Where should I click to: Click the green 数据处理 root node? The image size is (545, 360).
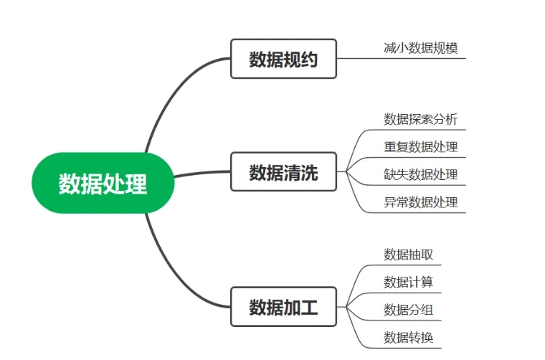pyautogui.click(x=103, y=183)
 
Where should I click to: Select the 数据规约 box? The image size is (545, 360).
pyautogui.click(x=283, y=59)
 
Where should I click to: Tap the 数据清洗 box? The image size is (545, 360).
pyautogui.click(x=283, y=172)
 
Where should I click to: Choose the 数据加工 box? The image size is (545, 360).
pyautogui.click(x=283, y=307)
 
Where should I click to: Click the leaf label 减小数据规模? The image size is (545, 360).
pyautogui.click(x=420, y=48)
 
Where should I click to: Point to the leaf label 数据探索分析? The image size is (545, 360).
pyautogui.click(x=420, y=119)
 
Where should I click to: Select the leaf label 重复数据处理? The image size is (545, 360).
pyautogui.click(x=420, y=147)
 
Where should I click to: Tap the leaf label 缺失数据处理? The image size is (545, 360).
pyautogui.click(x=420, y=174)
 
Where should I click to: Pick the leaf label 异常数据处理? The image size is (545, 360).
pyautogui.click(x=420, y=202)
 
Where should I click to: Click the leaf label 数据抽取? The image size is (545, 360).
pyautogui.click(x=408, y=255)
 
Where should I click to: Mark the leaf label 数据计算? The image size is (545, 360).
pyautogui.click(x=408, y=282)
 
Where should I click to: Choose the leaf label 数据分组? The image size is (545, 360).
pyautogui.click(x=408, y=310)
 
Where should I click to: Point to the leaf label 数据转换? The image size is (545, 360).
pyautogui.click(x=408, y=337)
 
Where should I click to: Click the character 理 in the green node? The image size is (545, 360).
pyautogui.click(x=137, y=184)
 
